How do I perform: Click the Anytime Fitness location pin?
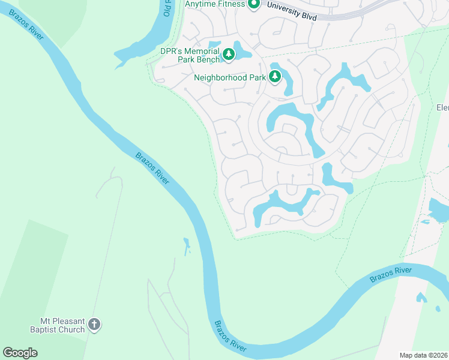pyautogui.click(x=253, y=4)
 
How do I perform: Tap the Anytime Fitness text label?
pyautogui.click(x=214, y=4)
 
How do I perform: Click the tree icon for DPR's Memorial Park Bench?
pyautogui.click(x=229, y=55)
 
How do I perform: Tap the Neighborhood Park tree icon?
pyautogui.click(x=275, y=76)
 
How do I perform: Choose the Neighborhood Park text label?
pyautogui.click(x=229, y=77)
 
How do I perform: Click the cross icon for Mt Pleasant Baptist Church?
pyautogui.click(x=94, y=325)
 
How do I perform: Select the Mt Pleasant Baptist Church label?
pyautogui.click(x=58, y=325)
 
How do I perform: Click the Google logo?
pyautogui.click(x=20, y=353)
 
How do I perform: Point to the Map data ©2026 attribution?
pyautogui.click(x=423, y=355)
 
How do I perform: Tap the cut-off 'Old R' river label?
pyautogui.click(x=167, y=8)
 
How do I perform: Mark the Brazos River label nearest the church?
pyautogui.click(x=230, y=335)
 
